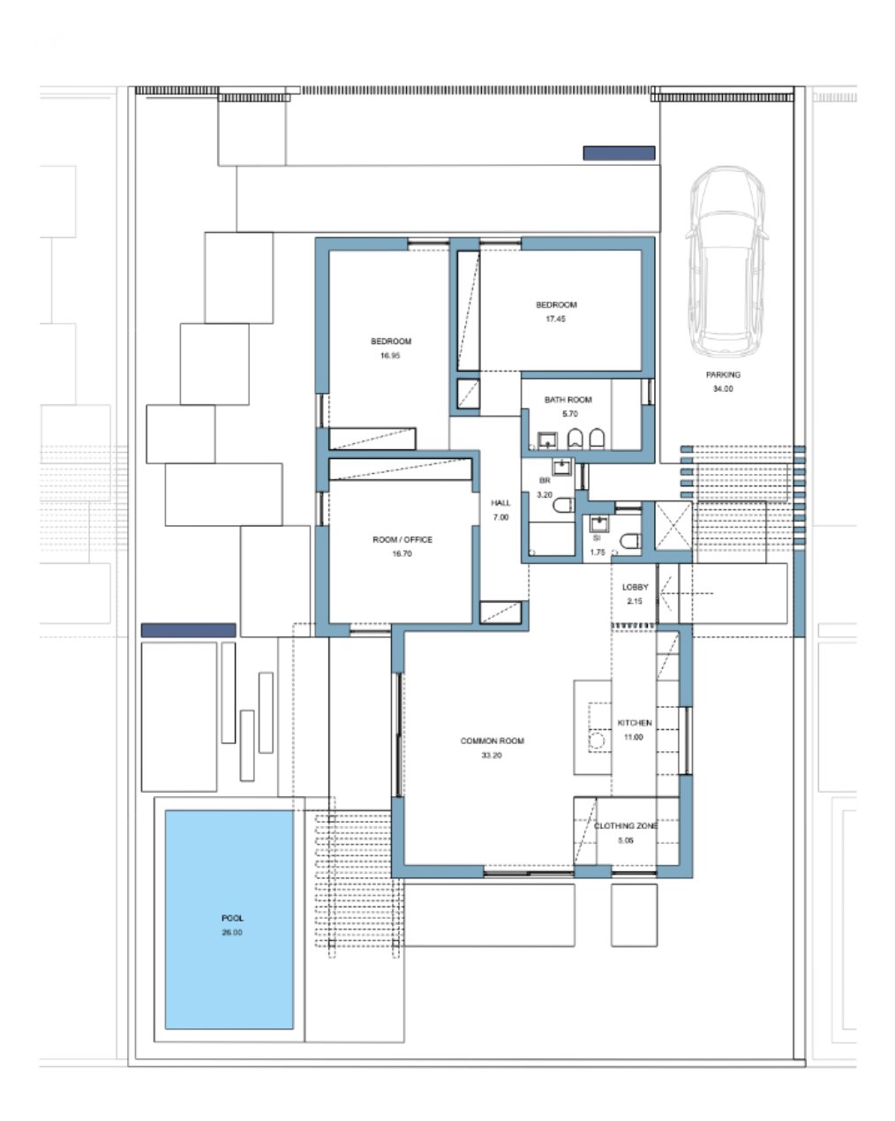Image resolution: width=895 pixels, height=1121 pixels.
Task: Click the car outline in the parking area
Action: click(726, 262)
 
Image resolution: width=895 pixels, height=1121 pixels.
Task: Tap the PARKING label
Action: click(723, 374)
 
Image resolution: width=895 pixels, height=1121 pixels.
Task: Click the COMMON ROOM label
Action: click(492, 741)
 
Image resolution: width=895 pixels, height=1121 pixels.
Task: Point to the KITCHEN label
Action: click(634, 723)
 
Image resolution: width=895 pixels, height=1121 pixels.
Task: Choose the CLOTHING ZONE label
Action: click(626, 825)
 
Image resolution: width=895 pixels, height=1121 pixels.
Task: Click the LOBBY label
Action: click(635, 587)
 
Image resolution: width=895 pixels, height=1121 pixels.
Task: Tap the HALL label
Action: click(500, 502)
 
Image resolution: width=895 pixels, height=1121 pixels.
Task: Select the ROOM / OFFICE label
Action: click(402, 539)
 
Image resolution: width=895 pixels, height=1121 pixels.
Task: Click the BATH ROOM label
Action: click(568, 400)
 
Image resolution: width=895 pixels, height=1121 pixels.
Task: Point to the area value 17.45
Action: click(556, 319)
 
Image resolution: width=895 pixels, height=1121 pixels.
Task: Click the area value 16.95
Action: click(390, 355)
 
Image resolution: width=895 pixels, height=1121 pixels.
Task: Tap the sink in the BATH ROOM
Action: click(547, 440)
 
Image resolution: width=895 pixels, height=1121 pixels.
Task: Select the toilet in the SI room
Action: click(629, 541)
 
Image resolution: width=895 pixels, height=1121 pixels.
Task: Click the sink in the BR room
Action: click(562, 466)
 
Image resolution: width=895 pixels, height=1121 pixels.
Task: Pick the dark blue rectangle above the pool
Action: click(189, 630)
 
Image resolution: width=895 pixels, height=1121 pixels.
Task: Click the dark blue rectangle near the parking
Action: click(619, 153)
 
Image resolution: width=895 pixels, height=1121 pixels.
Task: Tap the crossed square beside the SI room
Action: click(673, 525)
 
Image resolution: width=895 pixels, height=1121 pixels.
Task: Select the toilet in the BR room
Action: click(563, 504)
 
